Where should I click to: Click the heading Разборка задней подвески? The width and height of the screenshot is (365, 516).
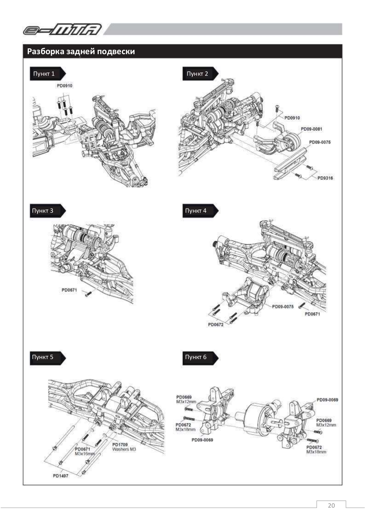(81, 52)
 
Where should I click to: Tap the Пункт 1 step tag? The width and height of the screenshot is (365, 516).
(44, 74)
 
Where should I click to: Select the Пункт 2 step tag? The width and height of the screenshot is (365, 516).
(197, 74)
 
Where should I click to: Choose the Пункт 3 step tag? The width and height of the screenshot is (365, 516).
(43, 211)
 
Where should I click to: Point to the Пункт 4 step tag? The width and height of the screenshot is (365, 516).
(196, 211)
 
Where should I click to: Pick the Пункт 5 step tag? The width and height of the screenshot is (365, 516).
(43, 357)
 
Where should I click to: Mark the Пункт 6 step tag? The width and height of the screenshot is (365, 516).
(196, 357)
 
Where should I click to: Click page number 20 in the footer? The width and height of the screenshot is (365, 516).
(331, 505)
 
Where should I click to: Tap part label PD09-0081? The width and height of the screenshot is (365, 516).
(311, 129)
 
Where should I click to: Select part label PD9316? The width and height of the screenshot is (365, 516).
(325, 178)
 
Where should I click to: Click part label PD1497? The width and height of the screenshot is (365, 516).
(61, 476)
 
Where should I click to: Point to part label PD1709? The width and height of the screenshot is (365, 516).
(120, 445)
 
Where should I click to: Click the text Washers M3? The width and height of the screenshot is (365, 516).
(124, 449)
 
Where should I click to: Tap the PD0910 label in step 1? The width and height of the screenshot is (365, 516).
(64, 86)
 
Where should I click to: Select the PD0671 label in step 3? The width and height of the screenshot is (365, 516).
(69, 290)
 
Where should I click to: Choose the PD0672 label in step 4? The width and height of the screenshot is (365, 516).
(216, 325)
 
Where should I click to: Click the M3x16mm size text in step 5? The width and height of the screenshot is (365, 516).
(85, 453)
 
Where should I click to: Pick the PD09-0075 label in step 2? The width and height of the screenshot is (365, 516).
(320, 142)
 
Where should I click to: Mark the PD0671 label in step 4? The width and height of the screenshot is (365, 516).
(312, 314)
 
